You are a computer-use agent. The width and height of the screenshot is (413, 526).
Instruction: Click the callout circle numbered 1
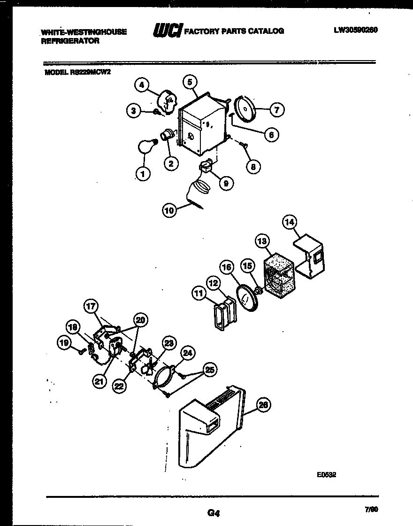[x=143, y=174]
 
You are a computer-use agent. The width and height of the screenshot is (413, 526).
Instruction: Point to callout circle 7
[x=276, y=110]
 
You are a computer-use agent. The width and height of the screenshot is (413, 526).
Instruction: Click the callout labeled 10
[x=169, y=211]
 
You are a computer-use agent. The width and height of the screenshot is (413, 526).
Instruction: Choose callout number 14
[x=290, y=222]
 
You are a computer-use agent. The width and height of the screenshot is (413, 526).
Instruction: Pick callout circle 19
[x=63, y=344]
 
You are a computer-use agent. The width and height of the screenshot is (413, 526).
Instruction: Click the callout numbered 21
[x=99, y=381]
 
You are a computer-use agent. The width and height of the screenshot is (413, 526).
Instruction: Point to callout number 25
[x=210, y=370]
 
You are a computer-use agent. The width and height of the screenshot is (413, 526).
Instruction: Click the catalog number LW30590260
[x=356, y=30]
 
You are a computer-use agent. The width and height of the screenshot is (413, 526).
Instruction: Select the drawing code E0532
[x=327, y=474]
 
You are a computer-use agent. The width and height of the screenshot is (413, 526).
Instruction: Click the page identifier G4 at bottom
[x=214, y=513]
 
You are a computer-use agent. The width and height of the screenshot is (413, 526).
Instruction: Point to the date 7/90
[x=371, y=509]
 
